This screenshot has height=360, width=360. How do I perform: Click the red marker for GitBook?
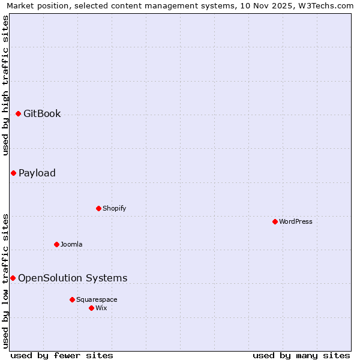click(x=18, y=113)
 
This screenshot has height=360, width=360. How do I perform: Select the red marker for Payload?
click(x=13, y=173)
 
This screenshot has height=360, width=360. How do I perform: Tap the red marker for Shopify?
click(x=98, y=208)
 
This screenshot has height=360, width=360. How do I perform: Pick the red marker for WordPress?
click(x=275, y=221)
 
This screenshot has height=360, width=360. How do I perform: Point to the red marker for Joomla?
click(x=56, y=244)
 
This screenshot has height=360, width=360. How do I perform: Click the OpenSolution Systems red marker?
click(x=13, y=278)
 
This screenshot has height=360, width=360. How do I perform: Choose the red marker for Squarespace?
click(x=72, y=299)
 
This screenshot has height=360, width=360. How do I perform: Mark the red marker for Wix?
click(x=91, y=308)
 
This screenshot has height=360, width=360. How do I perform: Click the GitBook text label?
click(x=42, y=113)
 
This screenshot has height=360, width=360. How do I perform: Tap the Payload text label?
click(x=37, y=173)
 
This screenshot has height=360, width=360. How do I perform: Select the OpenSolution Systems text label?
click(x=73, y=278)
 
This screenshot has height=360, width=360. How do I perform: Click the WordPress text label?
click(x=296, y=221)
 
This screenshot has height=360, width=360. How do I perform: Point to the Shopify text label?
click(x=114, y=208)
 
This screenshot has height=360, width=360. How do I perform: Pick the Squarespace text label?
click(x=97, y=299)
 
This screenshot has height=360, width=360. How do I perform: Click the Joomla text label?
click(x=71, y=244)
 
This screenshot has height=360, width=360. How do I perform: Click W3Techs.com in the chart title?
click(x=327, y=5)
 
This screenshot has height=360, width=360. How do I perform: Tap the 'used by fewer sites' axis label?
click(x=62, y=355)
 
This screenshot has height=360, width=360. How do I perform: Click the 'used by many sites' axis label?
click(x=301, y=355)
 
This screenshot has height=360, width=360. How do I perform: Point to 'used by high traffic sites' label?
click(x=5, y=85)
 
